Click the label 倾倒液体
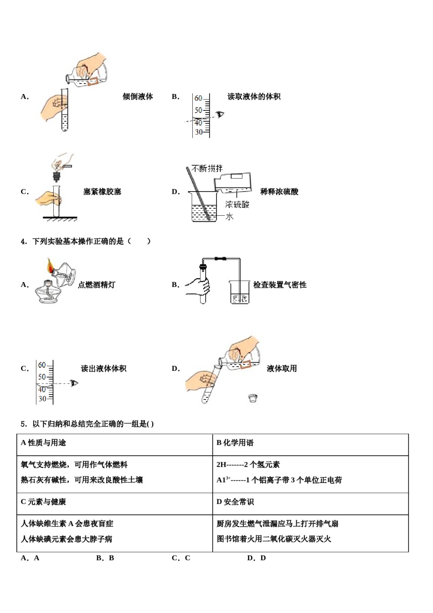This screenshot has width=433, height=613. tap(138, 97)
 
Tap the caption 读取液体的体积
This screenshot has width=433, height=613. tap(254, 97)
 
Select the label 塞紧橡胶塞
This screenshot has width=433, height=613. tap(102, 192)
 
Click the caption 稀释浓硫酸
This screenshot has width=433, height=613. tap(279, 192)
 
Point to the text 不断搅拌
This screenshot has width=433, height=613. tap(207, 169)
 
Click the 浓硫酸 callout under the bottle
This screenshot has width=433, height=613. tap(237, 205)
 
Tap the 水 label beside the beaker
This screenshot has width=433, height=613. tap(229, 217)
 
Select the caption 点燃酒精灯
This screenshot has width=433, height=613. tap(97, 285)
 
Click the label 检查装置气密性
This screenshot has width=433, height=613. tap(280, 285)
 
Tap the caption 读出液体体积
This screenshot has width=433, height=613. tap(103, 369)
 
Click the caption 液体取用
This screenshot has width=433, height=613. tap(282, 369)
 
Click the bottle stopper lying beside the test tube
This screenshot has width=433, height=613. tap(254, 398)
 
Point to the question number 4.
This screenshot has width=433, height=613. tap(24, 241)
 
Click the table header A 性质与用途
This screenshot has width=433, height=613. tap(43, 443)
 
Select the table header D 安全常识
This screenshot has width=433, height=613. tap(235, 502)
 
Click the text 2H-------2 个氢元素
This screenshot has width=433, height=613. tap(248, 465)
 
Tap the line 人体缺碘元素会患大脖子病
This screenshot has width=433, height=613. tap(67, 539)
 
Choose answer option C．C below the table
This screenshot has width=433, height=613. tap(181, 558)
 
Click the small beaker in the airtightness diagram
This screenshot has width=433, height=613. tap(239, 293)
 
